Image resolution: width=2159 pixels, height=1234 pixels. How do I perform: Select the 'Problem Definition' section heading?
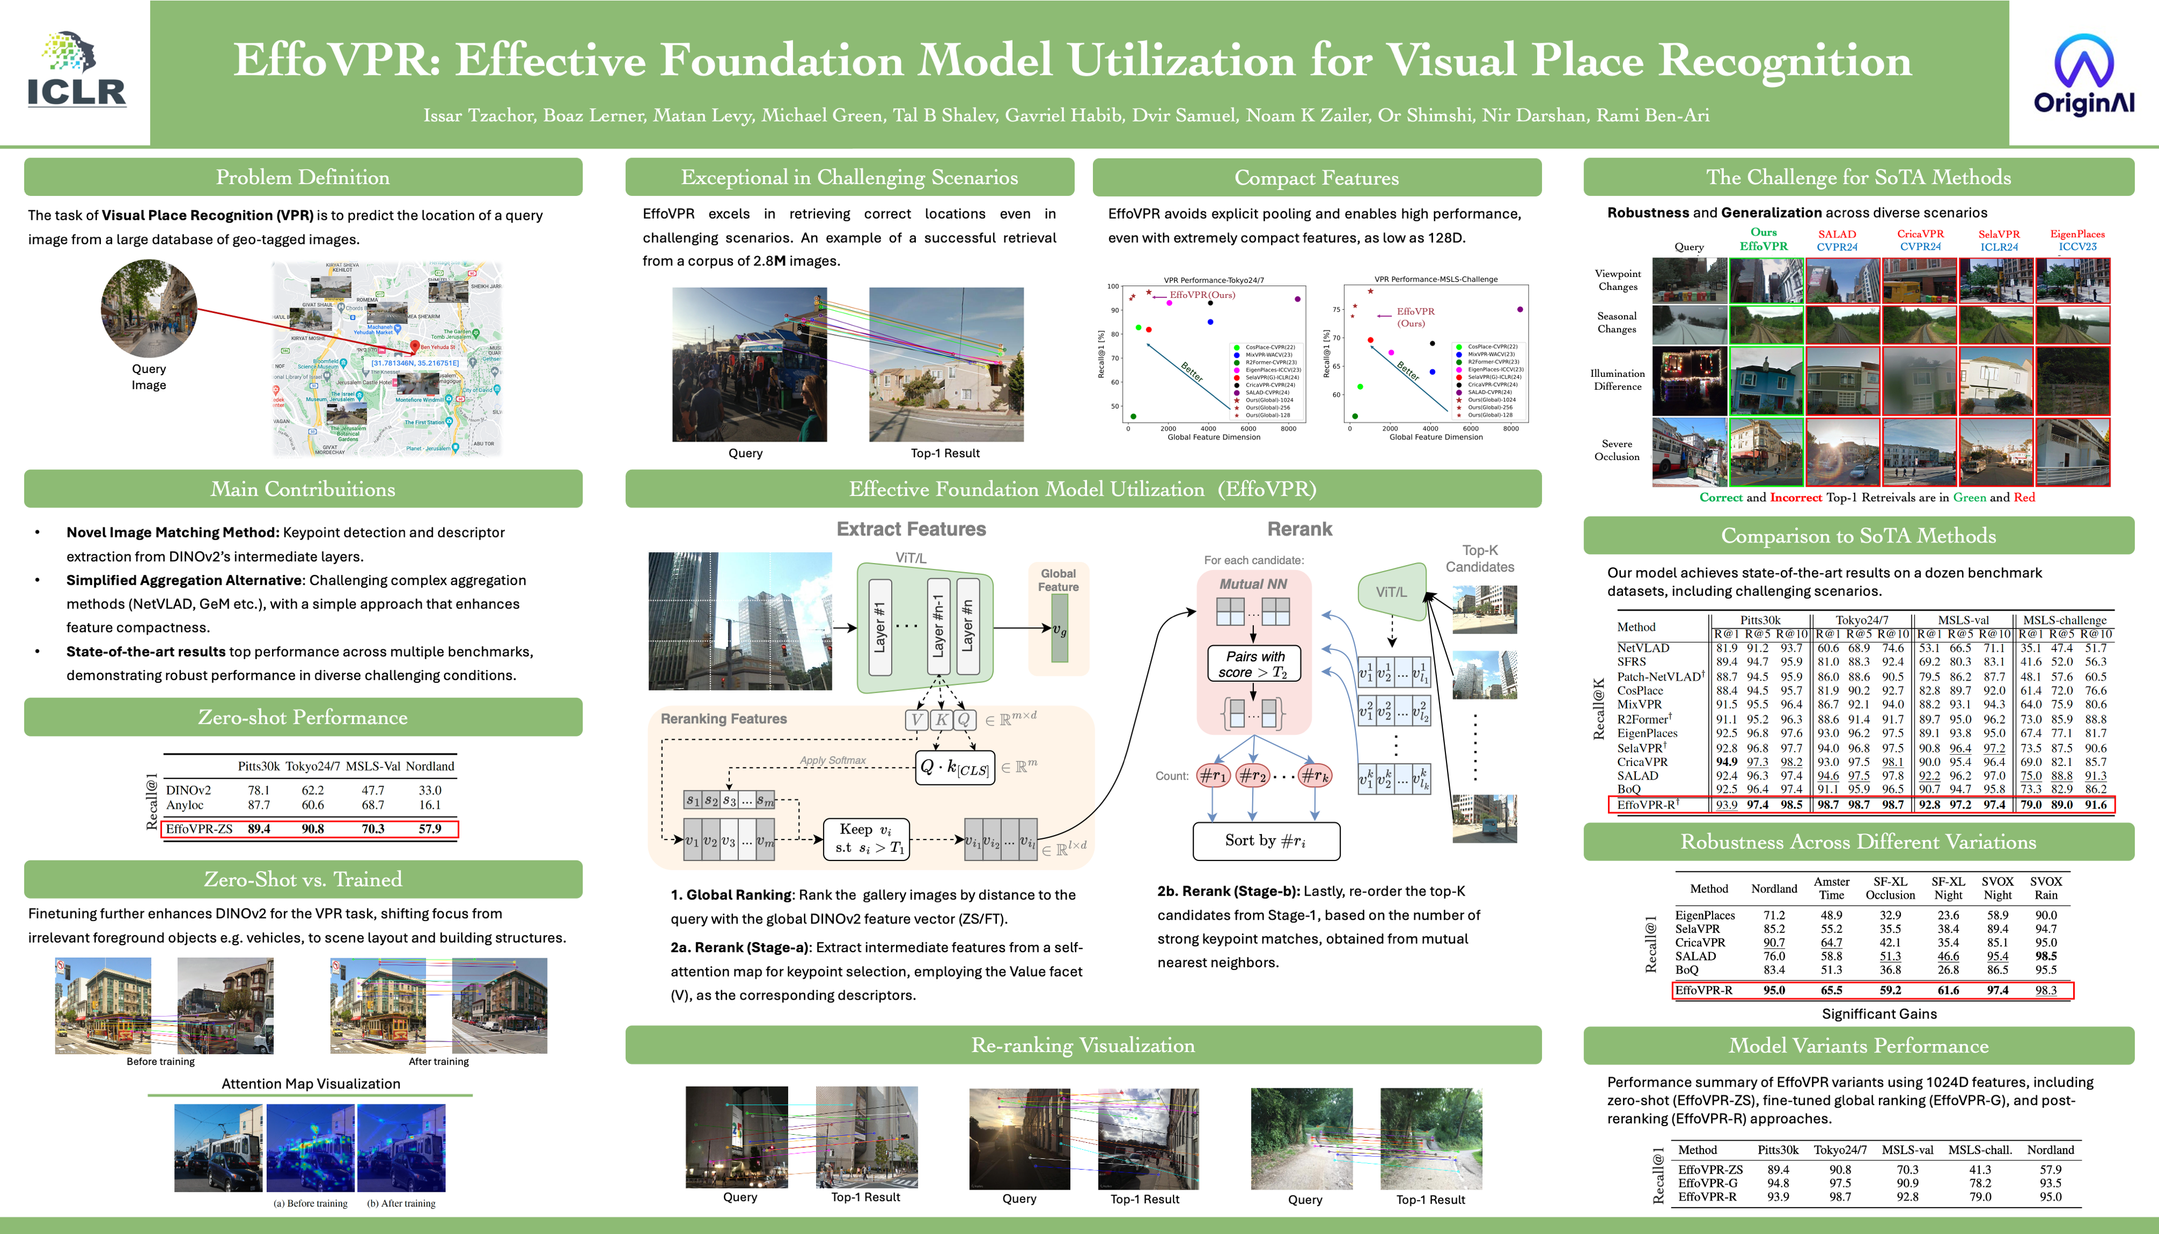point(302,177)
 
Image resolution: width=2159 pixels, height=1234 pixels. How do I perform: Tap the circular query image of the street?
point(149,308)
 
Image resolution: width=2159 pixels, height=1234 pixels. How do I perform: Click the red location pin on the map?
point(415,346)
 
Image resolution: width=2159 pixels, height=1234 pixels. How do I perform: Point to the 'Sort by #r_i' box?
point(1266,840)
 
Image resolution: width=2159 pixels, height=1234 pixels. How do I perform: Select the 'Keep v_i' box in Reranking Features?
point(866,839)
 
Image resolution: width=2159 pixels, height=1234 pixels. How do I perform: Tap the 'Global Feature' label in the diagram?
point(1058,580)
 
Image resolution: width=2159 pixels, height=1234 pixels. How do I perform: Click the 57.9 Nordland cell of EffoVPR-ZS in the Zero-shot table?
point(430,829)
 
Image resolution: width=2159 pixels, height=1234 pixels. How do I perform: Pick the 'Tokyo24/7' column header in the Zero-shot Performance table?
point(313,766)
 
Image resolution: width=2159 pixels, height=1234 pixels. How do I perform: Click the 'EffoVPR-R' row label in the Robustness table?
point(1703,990)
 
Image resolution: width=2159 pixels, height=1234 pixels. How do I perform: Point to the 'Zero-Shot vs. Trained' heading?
point(302,879)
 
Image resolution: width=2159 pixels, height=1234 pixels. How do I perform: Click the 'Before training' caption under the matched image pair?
point(160,1061)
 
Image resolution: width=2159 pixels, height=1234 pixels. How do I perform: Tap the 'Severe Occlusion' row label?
point(1616,450)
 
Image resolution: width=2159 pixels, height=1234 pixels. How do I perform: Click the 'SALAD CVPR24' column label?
point(1836,241)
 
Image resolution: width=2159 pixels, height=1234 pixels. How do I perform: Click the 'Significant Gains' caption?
point(1878,1014)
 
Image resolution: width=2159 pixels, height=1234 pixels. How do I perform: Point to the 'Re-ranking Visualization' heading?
point(1082,1045)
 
